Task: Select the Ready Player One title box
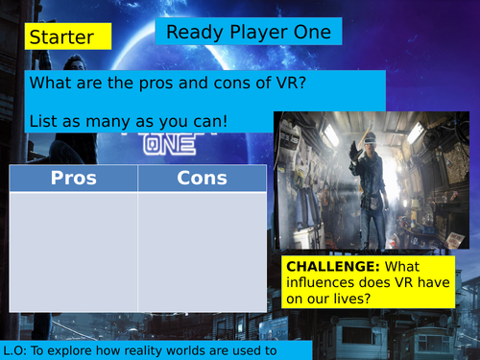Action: tap(249, 33)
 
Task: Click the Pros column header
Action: tap(74, 179)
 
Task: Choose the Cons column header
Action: tap(203, 179)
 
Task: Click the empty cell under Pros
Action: tap(74, 245)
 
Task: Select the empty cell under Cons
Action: tap(203, 245)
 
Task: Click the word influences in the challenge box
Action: tap(320, 281)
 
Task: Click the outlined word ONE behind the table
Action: tap(174, 144)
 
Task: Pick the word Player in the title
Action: tap(250, 33)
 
